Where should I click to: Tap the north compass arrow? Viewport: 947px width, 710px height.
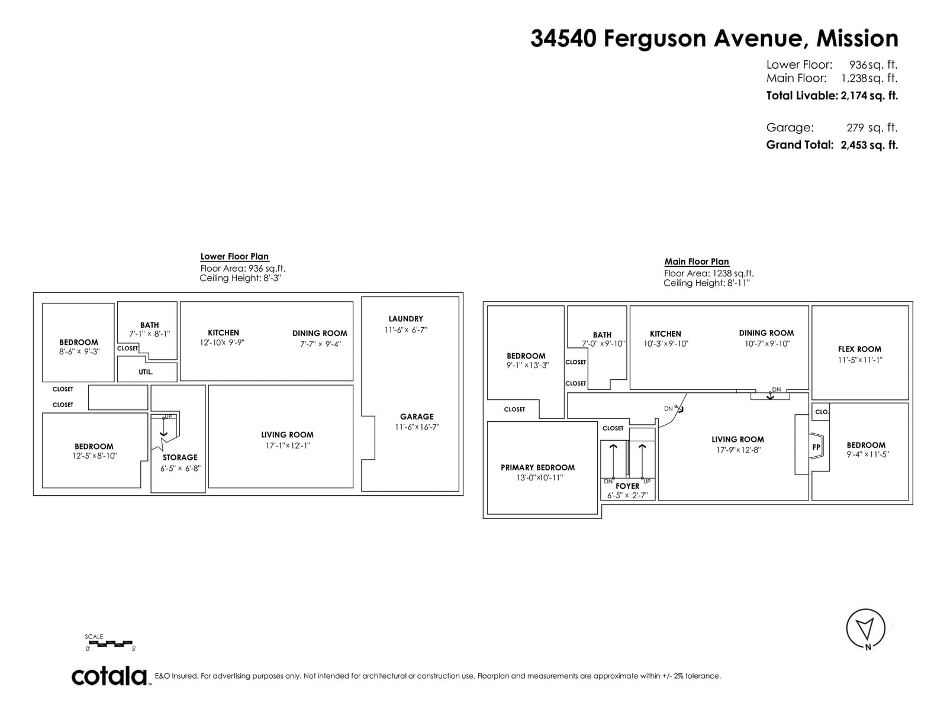coord(865,629)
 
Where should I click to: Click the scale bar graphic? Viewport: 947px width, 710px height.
coord(111,643)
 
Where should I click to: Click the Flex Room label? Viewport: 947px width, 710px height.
coord(859,349)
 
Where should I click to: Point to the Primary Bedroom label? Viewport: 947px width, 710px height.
coord(537,467)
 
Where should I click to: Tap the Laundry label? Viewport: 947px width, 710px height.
coord(405,319)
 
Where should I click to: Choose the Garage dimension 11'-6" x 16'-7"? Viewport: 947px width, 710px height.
coord(417,427)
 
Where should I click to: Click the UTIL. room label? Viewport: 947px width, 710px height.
coord(146,372)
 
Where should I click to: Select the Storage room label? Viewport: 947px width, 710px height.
coord(180,457)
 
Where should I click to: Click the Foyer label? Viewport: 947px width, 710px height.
coord(627,486)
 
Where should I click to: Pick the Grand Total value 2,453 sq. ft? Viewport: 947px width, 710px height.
coord(869,145)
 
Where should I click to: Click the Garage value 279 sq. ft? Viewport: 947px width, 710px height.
coord(871,128)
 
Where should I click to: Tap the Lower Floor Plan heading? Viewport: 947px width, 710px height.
coord(234,257)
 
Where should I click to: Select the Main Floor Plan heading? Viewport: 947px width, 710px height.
coord(696,262)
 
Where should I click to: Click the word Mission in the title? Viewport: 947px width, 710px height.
coord(857,38)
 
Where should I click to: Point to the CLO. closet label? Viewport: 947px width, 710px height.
coord(822,412)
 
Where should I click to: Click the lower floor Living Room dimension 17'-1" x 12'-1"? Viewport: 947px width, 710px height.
coord(287,446)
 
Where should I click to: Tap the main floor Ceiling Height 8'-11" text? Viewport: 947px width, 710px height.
coord(706,283)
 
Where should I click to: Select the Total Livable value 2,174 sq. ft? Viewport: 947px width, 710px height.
coord(869,96)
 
